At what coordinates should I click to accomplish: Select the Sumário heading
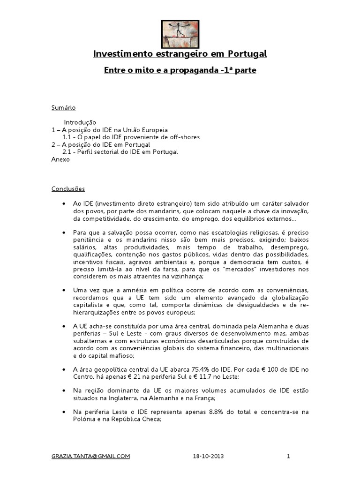(63, 108)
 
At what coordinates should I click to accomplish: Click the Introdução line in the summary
(80, 122)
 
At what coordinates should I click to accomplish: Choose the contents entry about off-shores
(131, 137)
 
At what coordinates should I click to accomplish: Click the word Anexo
(60, 159)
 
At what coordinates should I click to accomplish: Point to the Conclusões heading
(68, 189)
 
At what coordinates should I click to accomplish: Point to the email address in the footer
(91, 456)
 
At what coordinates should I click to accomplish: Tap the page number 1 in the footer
(289, 456)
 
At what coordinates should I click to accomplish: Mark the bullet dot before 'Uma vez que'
(63, 291)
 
